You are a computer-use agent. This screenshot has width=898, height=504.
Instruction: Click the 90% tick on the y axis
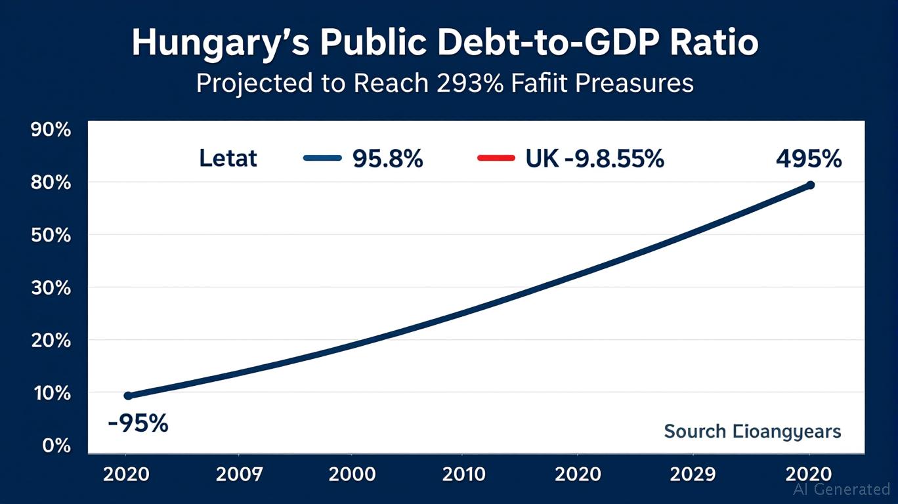(51, 129)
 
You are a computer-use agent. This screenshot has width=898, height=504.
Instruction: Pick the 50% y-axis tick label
(51, 235)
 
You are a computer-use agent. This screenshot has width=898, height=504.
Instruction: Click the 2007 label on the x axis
(239, 474)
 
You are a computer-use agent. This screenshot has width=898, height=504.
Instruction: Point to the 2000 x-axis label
(352, 474)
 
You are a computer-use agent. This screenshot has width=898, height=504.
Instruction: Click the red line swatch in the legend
(496, 158)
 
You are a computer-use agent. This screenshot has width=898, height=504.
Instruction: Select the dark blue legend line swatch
(322, 158)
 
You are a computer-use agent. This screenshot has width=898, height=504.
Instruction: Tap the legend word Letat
(228, 158)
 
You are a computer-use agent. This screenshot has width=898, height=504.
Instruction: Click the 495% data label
(807, 158)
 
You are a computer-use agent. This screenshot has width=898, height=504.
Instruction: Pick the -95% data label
(138, 423)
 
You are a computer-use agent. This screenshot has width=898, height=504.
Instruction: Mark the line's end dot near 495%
(810, 185)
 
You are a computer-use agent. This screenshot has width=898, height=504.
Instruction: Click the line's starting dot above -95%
(128, 396)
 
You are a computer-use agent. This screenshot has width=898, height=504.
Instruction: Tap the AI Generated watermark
(841, 489)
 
